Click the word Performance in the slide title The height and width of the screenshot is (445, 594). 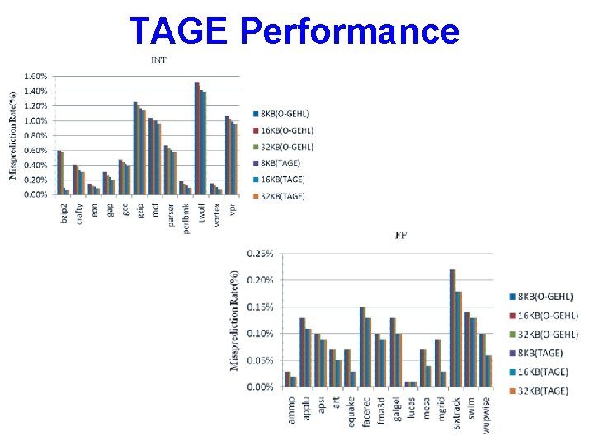click(x=350, y=31)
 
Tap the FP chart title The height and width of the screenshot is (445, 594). click(x=401, y=236)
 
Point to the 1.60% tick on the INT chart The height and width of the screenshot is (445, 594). click(x=35, y=76)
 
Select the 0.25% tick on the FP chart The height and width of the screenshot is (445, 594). click(x=260, y=254)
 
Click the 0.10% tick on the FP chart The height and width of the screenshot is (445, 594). click(x=260, y=334)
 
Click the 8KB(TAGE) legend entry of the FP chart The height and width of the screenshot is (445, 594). click(x=540, y=353)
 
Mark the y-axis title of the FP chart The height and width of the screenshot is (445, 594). click(x=236, y=321)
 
